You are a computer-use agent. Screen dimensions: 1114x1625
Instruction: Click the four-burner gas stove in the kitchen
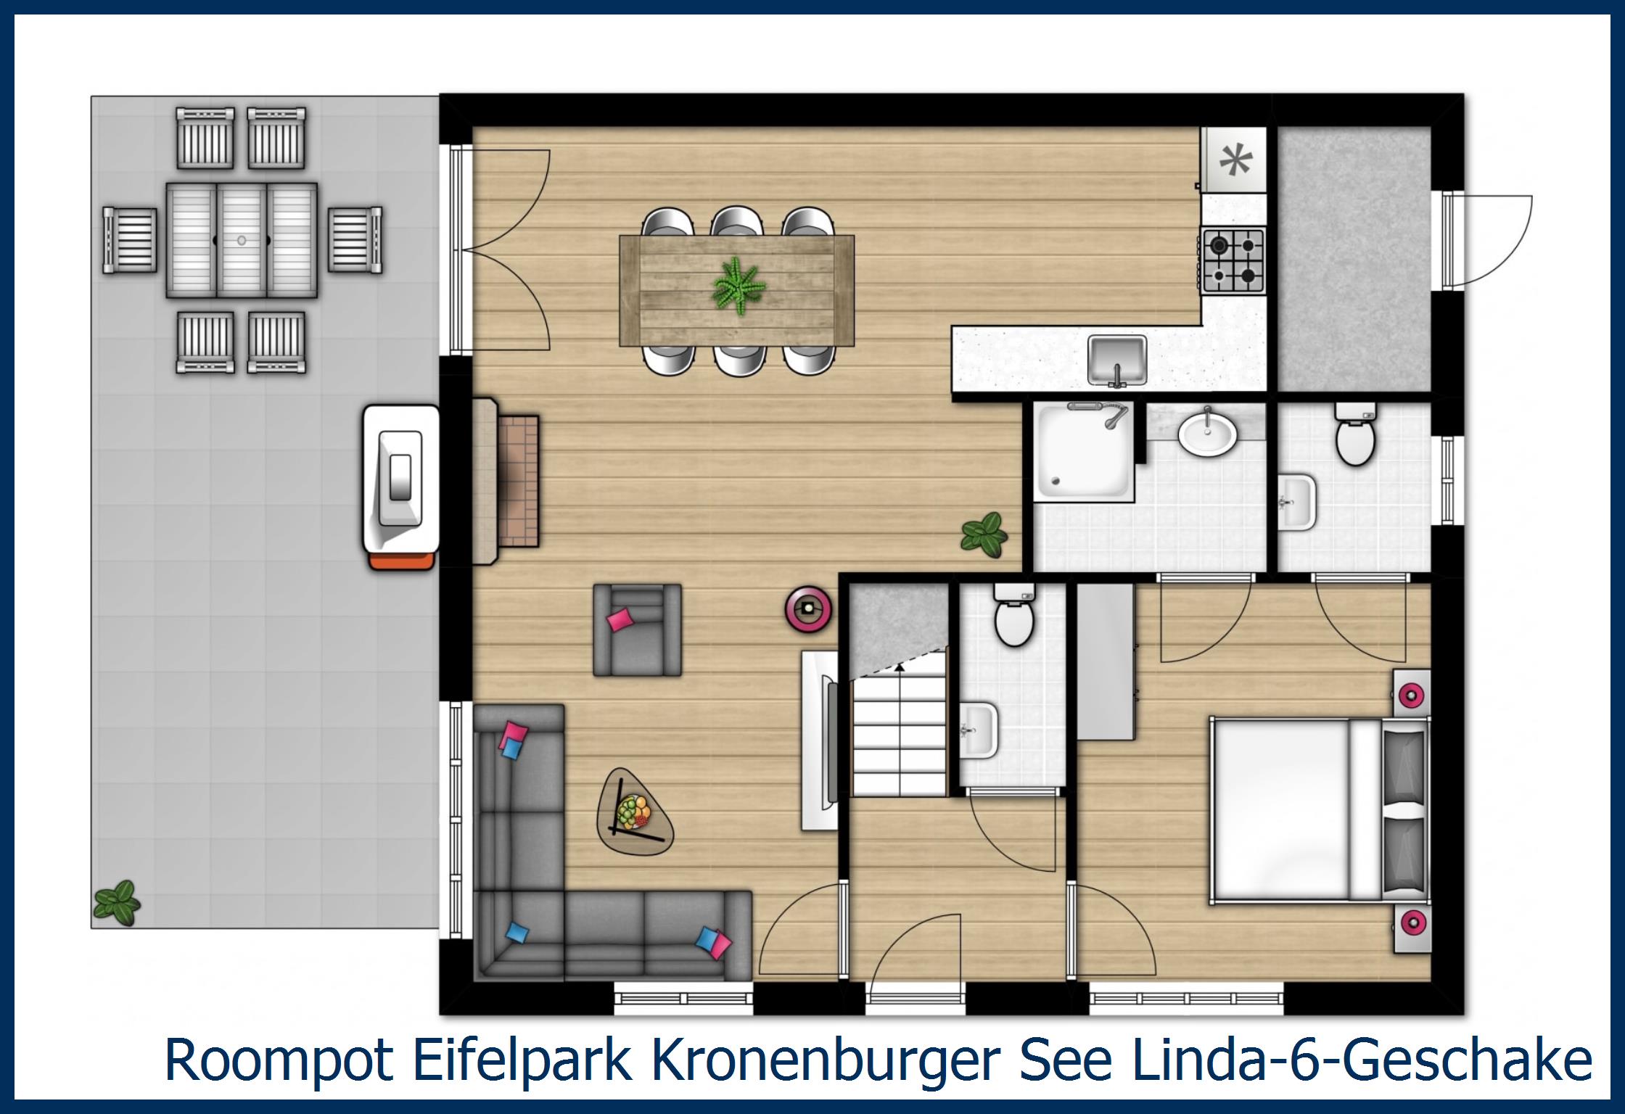point(1233,260)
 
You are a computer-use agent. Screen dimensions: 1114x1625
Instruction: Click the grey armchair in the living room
point(637,630)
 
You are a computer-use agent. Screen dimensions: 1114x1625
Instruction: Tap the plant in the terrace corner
point(116,903)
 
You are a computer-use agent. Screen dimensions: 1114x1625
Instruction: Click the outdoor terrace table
point(242,240)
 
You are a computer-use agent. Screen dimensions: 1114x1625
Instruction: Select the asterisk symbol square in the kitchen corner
point(1234,160)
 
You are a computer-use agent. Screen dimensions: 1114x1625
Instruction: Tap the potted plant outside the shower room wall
point(984,535)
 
